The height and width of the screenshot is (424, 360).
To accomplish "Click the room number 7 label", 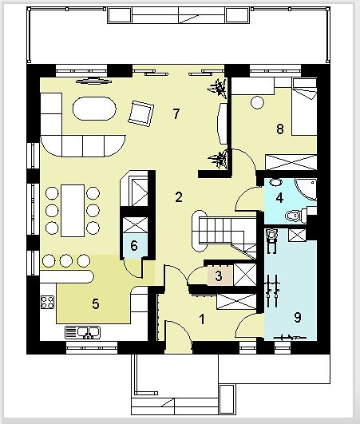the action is pos(176,114).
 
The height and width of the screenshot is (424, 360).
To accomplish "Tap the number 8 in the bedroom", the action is pos(280,129).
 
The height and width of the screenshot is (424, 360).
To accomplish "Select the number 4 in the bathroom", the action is pos(279,198).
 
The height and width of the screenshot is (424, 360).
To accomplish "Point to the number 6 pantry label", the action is pos(134,246).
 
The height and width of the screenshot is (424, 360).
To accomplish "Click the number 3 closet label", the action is pos(219,276).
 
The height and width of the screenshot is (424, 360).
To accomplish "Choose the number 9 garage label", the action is pos(297,317).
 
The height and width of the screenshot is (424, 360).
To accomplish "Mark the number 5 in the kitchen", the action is pos(96,304).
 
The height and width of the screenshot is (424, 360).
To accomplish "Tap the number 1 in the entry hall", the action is pos(202,319).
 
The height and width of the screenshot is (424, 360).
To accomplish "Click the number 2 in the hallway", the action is pos(179,197).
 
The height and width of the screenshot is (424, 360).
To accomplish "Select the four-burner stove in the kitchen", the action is pos(47,302).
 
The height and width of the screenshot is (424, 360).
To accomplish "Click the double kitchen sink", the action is pos(83,332).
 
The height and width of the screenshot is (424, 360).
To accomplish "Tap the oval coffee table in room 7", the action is pos(94,109).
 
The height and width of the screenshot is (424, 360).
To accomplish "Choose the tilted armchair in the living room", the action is pos(141,113).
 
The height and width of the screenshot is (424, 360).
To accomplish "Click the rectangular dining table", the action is pos(73,211).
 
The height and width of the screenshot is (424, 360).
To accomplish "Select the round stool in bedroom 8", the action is pos(257,102).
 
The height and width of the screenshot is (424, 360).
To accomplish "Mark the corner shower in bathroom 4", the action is pos(306,189).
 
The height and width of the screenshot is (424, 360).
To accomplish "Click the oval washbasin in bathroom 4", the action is pos(275,182).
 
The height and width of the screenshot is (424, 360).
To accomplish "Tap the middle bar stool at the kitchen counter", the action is pos(66,261).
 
